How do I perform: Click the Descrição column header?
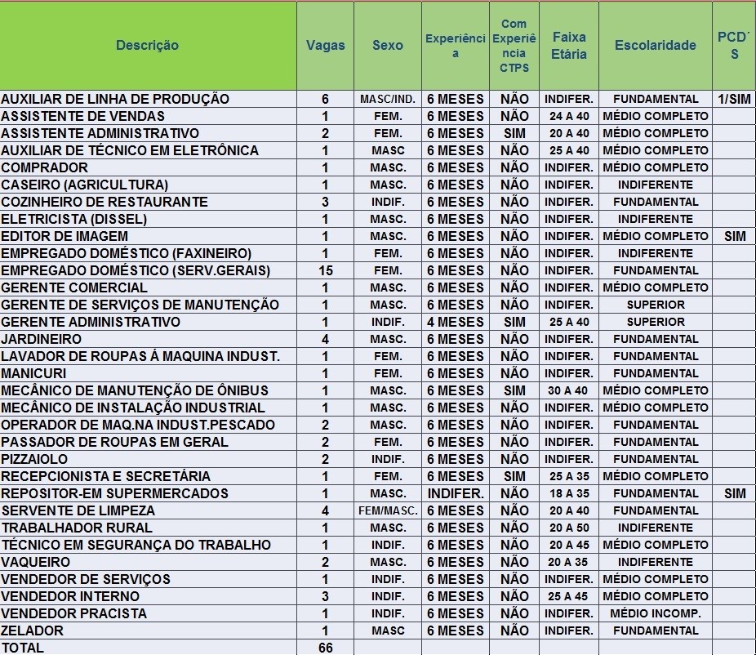coord(147,46)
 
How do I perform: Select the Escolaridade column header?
coord(655,46)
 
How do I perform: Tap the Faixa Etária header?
coord(569,46)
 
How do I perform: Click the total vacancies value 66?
coord(325,648)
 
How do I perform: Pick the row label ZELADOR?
coord(33,630)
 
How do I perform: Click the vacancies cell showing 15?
coord(325,270)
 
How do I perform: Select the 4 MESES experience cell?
coord(456,322)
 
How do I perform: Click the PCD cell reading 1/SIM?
coord(734,99)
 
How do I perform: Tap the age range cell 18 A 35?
coord(569,493)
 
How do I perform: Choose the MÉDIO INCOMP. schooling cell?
coord(655,613)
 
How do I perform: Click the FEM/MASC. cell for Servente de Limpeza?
coord(388,510)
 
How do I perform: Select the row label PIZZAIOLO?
coord(35,459)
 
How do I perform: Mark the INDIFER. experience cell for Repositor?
coord(456,493)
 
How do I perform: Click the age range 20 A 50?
coord(569,528)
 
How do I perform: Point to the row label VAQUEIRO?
coord(36,562)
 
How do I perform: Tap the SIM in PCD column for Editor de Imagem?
coord(734,236)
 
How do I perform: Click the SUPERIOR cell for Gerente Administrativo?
coord(655,322)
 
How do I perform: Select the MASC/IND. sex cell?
coord(388,99)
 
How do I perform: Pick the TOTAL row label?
coord(23,648)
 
